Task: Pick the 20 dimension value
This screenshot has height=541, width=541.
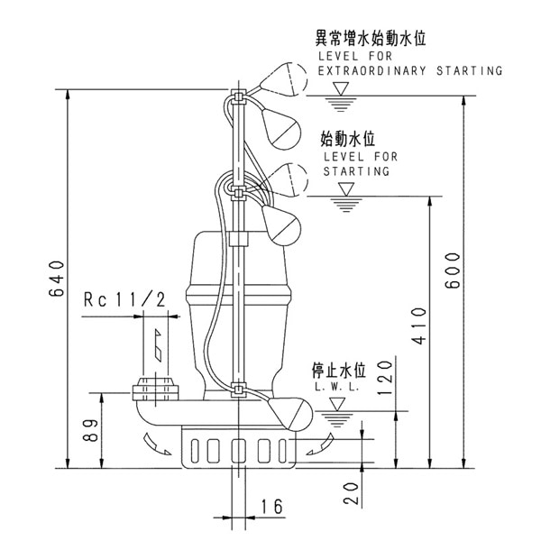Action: [x=352, y=491]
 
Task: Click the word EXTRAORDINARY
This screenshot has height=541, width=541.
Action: [x=364, y=70]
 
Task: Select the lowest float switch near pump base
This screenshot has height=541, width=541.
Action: [x=289, y=410]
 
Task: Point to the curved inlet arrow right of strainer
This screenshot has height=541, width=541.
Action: [x=317, y=445]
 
